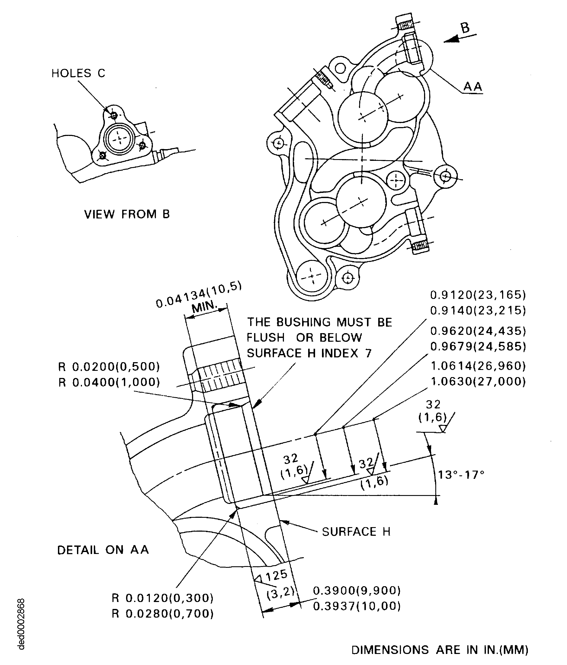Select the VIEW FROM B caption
(127, 214)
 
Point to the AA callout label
(473, 86)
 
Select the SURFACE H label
(356, 532)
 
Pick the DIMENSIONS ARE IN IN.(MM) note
(440, 650)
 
